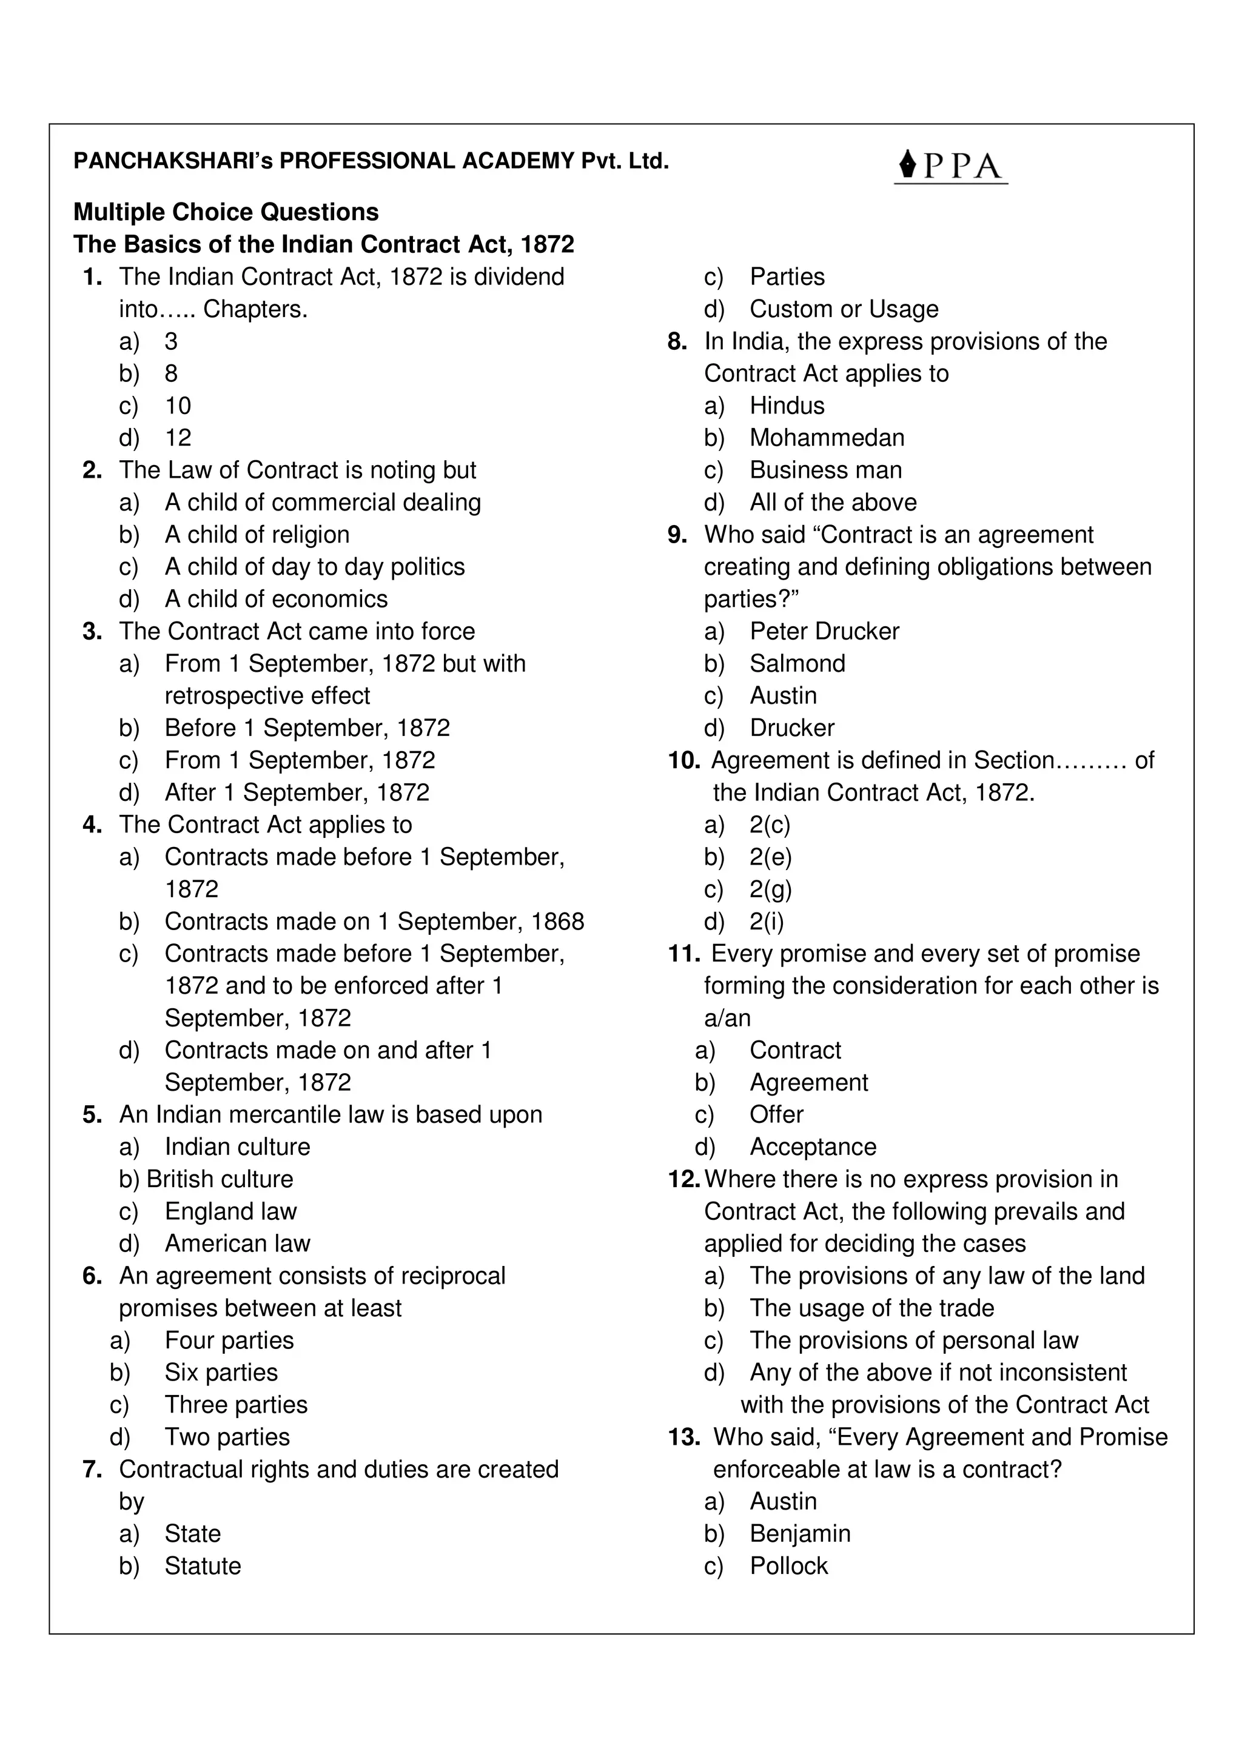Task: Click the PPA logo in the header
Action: point(950,166)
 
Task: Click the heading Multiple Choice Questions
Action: point(226,212)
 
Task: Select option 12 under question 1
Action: point(178,438)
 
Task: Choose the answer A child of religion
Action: point(257,534)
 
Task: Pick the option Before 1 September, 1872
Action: point(307,728)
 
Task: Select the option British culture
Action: point(220,1179)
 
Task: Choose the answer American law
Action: point(237,1243)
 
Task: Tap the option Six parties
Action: point(221,1373)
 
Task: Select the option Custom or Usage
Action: point(844,309)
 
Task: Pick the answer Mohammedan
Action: point(827,438)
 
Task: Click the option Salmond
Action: point(797,663)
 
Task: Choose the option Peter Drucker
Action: point(824,631)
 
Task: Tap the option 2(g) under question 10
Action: point(771,889)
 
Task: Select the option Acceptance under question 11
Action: point(813,1147)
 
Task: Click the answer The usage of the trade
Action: point(871,1308)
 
